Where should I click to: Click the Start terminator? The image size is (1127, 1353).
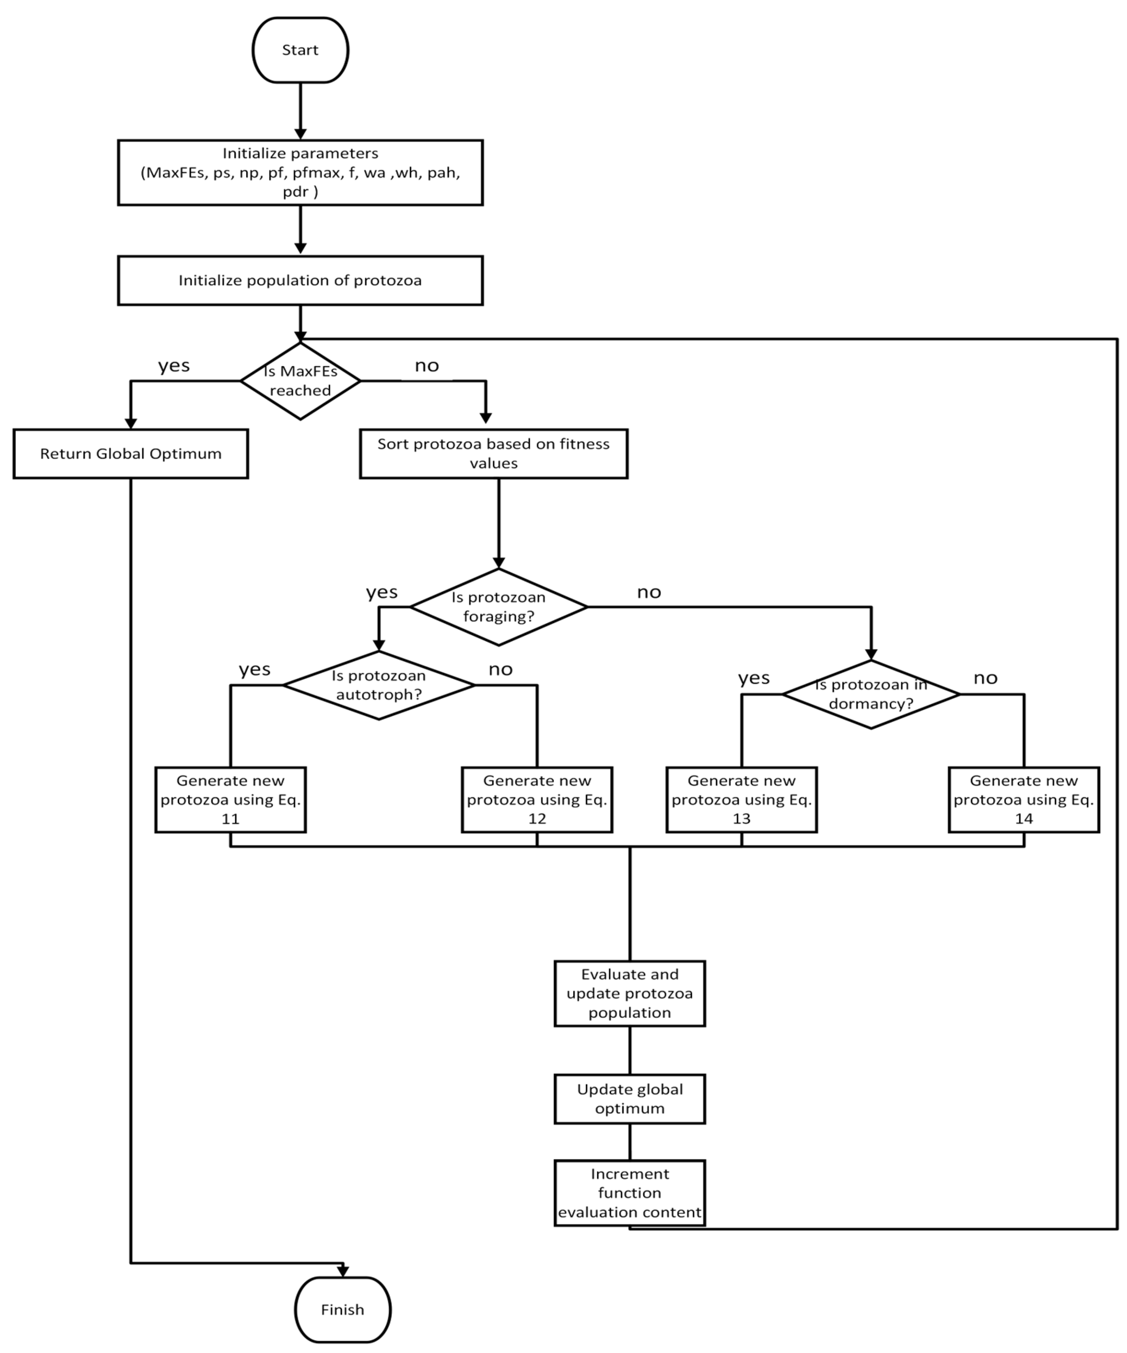tap(300, 50)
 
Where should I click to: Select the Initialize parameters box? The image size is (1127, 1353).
tap(300, 173)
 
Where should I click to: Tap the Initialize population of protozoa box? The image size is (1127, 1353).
tap(300, 280)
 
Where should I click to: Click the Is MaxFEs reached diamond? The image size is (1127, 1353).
tap(300, 381)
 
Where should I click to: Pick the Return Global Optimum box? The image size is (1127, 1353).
tap(131, 454)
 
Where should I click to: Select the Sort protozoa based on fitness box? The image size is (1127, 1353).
tap(494, 454)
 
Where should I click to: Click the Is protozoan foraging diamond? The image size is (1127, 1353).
tap(498, 607)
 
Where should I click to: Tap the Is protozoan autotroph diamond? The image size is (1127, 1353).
tap(379, 685)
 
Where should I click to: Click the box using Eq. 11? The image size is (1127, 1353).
tap(231, 800)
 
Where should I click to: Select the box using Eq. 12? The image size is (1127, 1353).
tap(537, 800)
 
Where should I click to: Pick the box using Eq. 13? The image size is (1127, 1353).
tap(742, 800)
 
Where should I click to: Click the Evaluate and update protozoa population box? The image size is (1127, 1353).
tap(630, 994)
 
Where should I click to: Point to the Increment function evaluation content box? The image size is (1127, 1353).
tap(630, 1193)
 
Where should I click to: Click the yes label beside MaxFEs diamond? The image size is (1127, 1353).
tap(174, 365)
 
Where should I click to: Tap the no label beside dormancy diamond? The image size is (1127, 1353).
tap(985, 678)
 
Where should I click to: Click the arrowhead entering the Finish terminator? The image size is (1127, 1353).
tap(343, 1270)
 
